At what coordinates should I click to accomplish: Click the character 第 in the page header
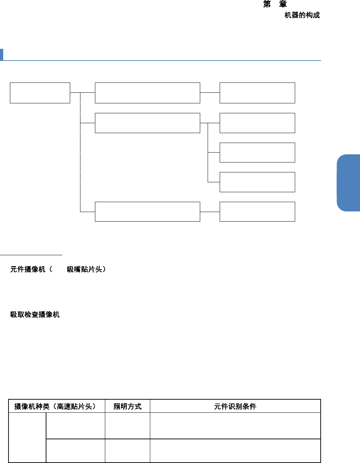point(267,5)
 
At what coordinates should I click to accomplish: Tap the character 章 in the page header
point(283,5)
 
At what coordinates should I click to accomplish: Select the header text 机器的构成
point(302,15)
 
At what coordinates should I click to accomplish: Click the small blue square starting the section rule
point(1,55)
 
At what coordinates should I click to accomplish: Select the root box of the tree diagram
point(40,93)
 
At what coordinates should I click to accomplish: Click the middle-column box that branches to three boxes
point(147,123)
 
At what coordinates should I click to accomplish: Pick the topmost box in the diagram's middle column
point(147,93)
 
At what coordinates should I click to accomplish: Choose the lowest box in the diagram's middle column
point(147,212)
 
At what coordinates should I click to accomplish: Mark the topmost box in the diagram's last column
point(257,93)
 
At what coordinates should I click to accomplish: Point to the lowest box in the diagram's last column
point(257,212)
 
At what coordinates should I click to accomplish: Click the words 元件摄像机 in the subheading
point(28,269)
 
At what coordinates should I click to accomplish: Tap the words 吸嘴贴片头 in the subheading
point(84,269)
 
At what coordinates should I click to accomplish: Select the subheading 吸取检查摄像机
point(35,314)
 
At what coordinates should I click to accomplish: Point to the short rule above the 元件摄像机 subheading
point(31,254)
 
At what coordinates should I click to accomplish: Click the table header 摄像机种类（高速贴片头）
point(55,406)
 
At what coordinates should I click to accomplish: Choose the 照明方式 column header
point(127,406)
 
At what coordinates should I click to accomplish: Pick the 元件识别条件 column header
point(235,406)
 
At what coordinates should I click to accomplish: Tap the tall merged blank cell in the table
point(27,438)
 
